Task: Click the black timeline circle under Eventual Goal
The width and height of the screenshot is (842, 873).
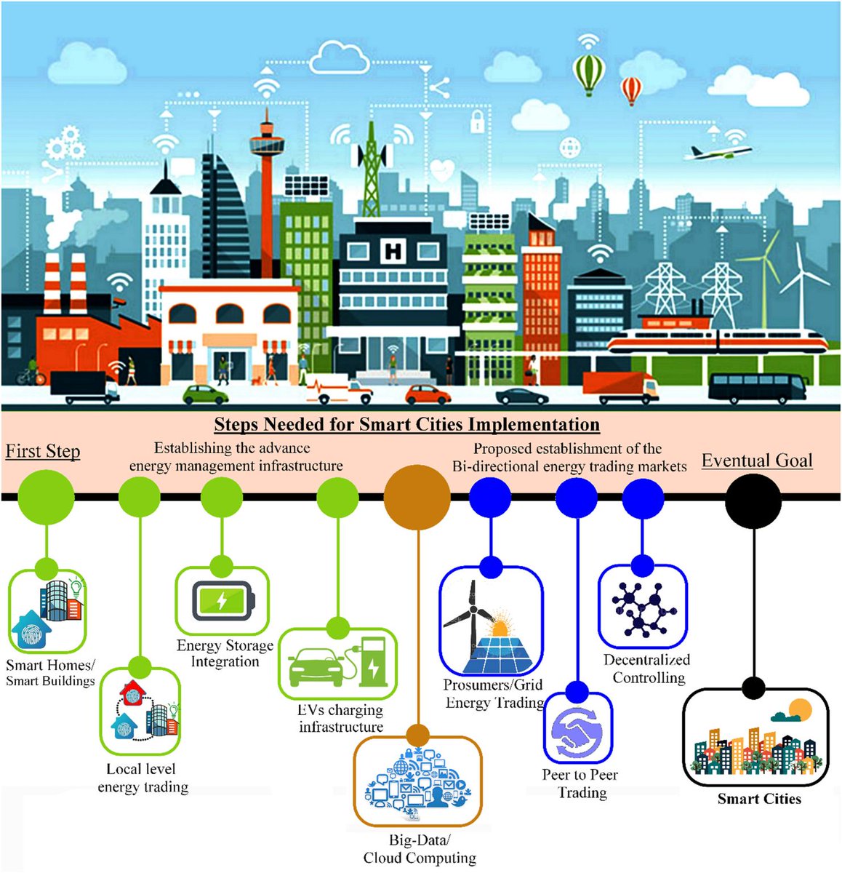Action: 753,501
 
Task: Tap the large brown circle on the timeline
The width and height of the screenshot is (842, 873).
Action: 417,499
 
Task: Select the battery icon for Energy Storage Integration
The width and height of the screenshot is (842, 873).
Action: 223,602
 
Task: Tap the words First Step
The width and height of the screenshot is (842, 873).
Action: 43,452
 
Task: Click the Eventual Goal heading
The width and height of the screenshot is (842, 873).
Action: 757,461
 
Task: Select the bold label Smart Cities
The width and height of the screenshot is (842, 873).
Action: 759,799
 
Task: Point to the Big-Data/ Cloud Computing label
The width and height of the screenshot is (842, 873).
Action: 420,849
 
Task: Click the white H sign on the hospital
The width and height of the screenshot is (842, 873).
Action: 393,252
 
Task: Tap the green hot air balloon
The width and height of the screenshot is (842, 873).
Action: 588,73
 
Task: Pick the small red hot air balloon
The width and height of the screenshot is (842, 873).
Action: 631,90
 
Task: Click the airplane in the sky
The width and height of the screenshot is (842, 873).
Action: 717,153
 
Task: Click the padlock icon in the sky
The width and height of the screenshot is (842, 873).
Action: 477,121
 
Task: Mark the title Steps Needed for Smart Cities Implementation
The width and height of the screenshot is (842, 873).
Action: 406,425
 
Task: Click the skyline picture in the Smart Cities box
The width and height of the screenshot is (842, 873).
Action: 757,742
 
